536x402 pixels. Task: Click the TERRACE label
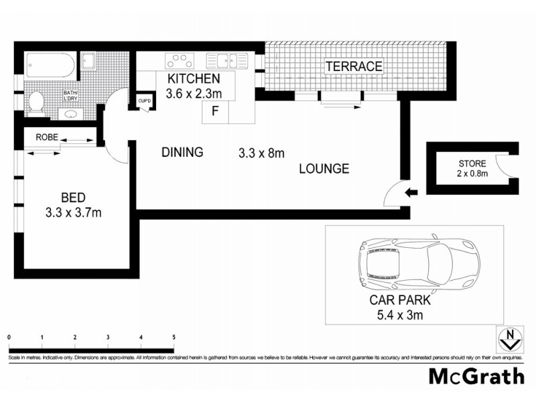click(x=354, y=66)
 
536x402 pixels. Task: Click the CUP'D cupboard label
click(x=144, y=100)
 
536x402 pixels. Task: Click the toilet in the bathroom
click(x=37, y=102)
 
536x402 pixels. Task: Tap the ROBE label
click(x=46, y=137)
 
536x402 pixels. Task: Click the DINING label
click(x=182, y=153)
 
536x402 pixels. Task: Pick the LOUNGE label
click(x=324, y=169)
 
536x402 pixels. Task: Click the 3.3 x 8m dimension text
click(x=262, y=153)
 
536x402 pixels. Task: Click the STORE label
click(x=472, y=163)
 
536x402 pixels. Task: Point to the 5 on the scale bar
click(x=174, y=337)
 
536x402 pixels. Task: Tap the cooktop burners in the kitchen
click(x=178, y=61)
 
